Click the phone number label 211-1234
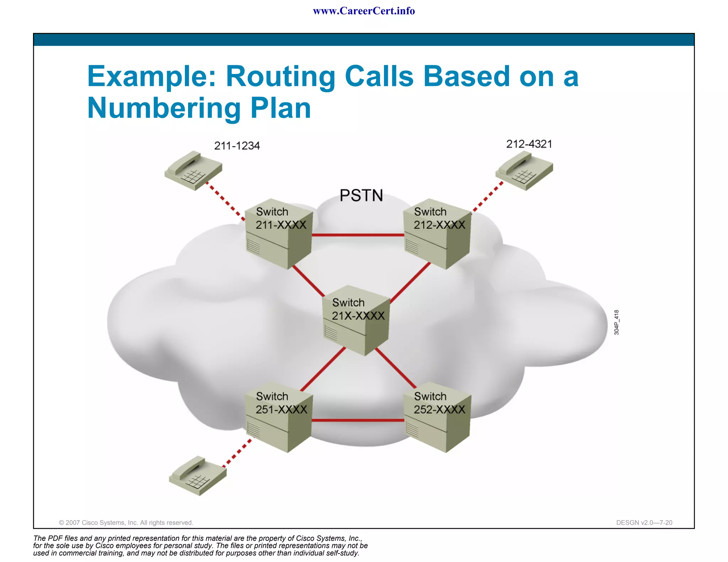point(237,146)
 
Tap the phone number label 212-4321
point(529,144)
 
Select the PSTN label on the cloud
point(361,195)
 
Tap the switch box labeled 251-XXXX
point(280,417)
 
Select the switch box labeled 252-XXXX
point(438,417)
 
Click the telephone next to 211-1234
point(193,170)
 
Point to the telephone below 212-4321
point(524,170)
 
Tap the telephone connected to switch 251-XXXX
point(198,476)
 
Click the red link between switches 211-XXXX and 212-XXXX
point(358,235)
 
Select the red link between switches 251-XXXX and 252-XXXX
point(358,420)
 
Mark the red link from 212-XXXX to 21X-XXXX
point(411,283)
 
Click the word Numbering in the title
point(164,108)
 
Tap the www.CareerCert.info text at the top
point(364,11)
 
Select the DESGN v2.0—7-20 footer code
point(644,523)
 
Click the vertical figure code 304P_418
point(617,322)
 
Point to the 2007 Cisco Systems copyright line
point(126,523)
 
